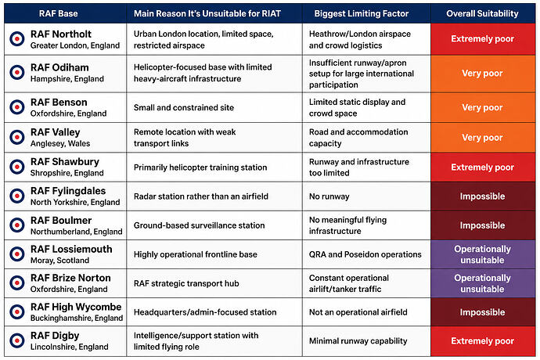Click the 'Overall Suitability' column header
coord(482,13)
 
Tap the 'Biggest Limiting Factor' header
coord(362,13)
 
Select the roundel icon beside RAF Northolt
coord(17,39)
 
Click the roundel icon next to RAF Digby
coord(17,340)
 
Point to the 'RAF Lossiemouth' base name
coord(71,249)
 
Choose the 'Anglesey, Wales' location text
coord(60,143)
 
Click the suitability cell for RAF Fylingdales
coord(483,196)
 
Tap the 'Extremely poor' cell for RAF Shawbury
coord(483,167)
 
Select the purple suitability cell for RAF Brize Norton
coord(483,283)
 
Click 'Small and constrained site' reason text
coord(184,107)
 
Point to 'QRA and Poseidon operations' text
coord(365,254)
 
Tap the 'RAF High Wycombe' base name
coord(76,307)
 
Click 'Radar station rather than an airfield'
coord(201,196)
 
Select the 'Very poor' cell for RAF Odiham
coord(483,74)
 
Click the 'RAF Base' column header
coord(58,13)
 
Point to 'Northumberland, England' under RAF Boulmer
coord(77,232)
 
